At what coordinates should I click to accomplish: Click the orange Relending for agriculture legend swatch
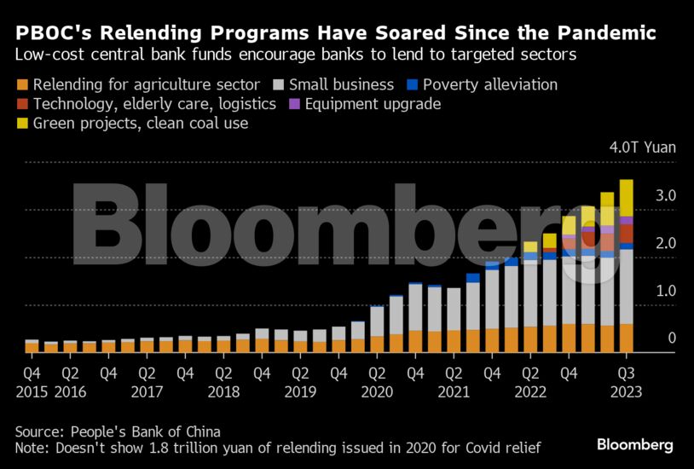pos(22,85)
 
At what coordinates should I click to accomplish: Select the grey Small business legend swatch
pos(278,85)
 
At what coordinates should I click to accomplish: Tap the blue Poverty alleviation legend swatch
pos(412,85)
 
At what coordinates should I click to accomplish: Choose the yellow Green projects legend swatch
pos(22,124)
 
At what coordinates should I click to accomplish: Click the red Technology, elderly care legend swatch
pos(22,105)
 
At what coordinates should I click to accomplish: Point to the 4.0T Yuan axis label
pos(642,148)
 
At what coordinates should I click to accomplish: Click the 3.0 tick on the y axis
pos(642,196)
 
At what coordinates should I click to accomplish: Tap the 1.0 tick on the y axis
pos(642,291)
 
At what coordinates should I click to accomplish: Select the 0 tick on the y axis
pos(648,339)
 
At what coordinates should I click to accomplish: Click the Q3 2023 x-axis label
pos(626,382)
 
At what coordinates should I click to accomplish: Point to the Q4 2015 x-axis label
pos(32,382)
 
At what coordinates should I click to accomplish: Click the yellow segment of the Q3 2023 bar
pos(627,198)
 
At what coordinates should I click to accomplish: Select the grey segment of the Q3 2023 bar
pos(627,286)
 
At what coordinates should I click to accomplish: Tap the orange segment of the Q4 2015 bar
pos(32,347)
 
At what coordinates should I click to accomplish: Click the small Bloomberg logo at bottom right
pos(635,445)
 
